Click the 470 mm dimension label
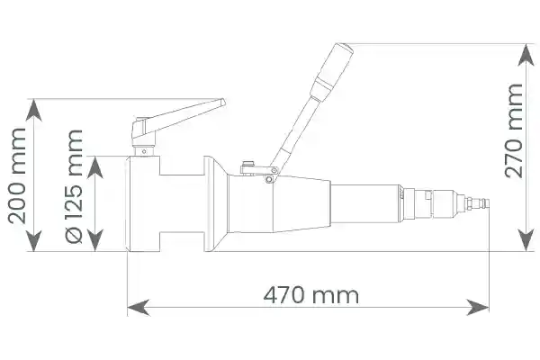click(x=311, y=295)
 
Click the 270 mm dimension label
click(x=514, y=130)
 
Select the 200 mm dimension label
click(x=17, y=176)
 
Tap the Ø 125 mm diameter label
click(x=74, y=186)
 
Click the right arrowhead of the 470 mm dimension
click(x=478, y=307)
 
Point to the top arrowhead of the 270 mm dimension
click(x=526, y=55)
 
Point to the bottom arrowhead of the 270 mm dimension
click(x=526, y=240)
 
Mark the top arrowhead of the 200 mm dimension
click(x=33, y=110)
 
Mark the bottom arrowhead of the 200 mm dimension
click(x=33, y=240)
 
